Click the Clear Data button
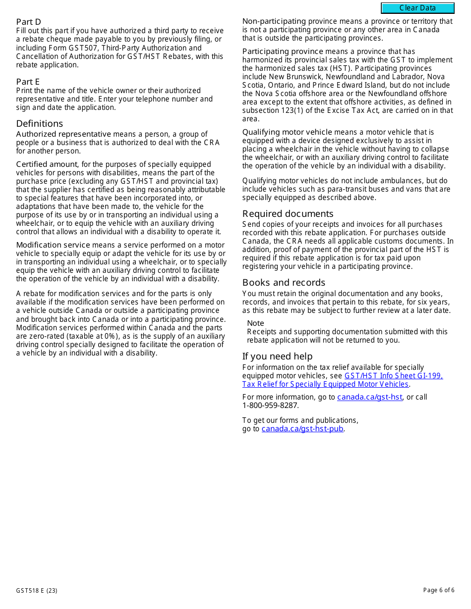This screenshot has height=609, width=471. (417, 8)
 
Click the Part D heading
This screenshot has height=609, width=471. (28, 22)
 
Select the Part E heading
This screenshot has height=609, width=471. (28, 82)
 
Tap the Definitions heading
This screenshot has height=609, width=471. (40, 123)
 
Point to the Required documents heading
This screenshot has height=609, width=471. (288, 213)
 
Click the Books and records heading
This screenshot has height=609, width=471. (284, 282)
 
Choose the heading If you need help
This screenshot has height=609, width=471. (277, 356)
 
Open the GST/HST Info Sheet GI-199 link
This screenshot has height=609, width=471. (393, 376)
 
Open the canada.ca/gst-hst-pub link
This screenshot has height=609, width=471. (302, 429)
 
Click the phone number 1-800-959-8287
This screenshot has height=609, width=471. (270, 406)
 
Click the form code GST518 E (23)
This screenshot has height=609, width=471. (36, 590)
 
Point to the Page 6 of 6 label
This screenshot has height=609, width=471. (438, 590)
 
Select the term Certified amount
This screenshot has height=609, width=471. (47, 164)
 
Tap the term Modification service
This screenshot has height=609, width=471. (53, 245)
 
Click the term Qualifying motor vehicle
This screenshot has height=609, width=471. (287, 132)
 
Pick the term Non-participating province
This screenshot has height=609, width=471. (274, 21)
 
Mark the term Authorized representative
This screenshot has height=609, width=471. (63, 134)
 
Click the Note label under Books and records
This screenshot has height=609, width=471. (255, 323)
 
